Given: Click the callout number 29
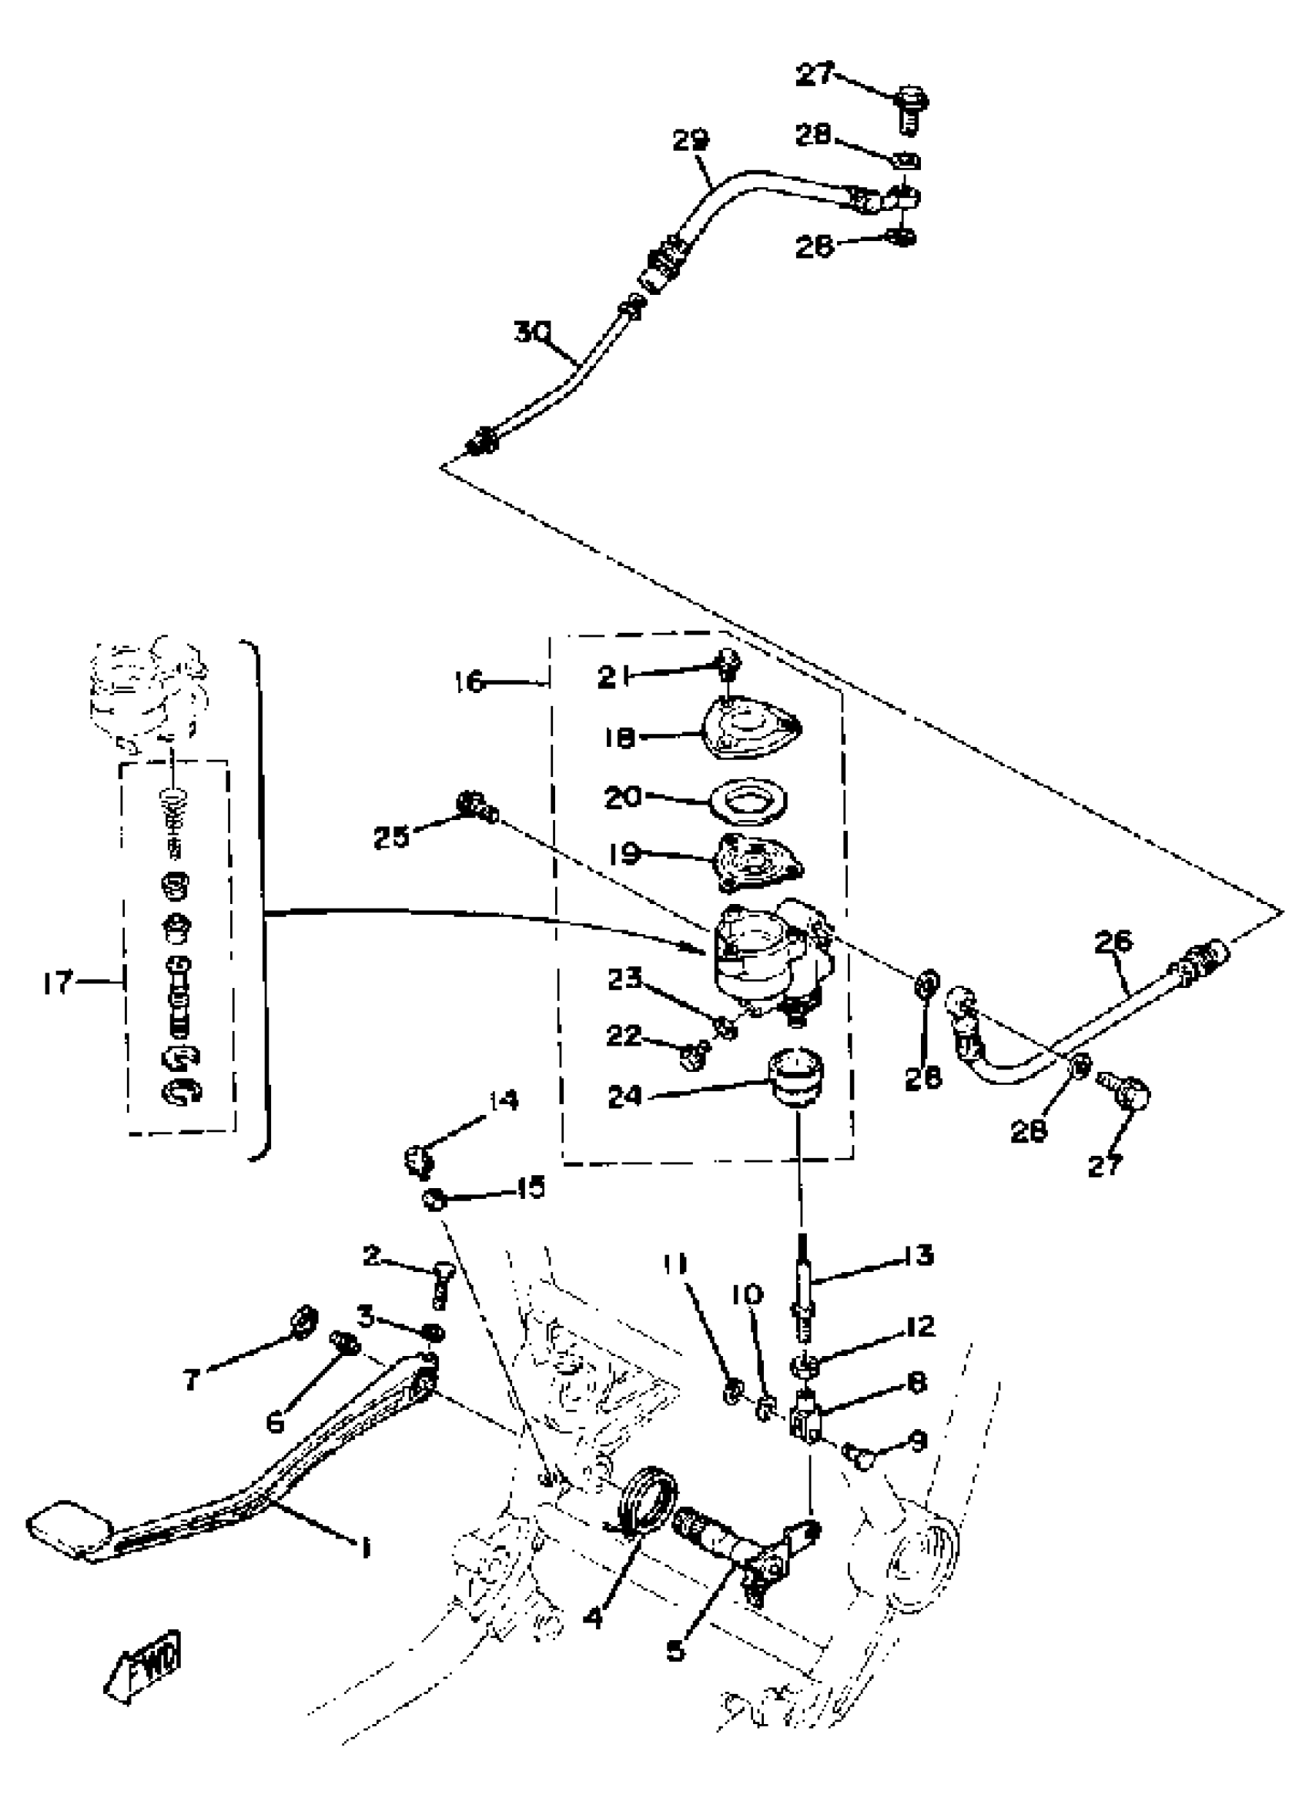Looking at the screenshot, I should [x=690, y=141].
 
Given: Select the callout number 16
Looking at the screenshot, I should [x=470, y=681].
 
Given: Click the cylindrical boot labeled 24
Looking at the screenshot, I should [x=795, y=1077].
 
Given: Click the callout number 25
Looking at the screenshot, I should [x=390, y=838].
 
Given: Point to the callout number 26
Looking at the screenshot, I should [x=1113, y=942].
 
